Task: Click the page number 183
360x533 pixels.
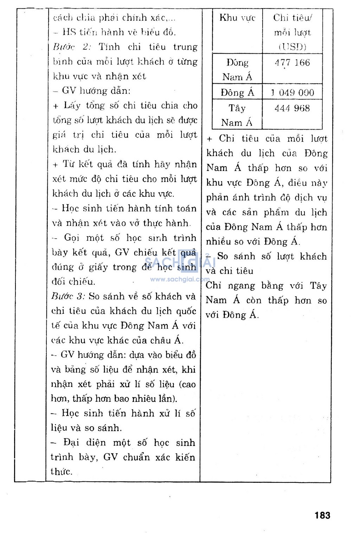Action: point(322,515)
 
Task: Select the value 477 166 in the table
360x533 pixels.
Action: point(292,63)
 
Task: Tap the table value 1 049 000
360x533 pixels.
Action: point(292,93)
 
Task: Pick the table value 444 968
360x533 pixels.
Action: point(292,108)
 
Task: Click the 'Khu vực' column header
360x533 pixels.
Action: point(237,18)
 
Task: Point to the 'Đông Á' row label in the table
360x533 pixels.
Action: point(237,93)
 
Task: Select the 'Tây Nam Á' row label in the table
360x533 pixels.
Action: point(237,115)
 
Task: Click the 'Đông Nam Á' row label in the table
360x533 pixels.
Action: point(237,70)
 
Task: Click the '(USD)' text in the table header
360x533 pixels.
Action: point(292,47)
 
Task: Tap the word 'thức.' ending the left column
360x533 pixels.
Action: point(62,472)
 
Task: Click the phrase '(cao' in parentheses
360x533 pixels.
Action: point(187,384)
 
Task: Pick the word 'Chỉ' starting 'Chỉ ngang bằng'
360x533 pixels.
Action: point(213,286)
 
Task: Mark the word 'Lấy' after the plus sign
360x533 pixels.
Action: point(72,105)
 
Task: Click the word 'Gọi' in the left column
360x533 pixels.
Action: point(73,238)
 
